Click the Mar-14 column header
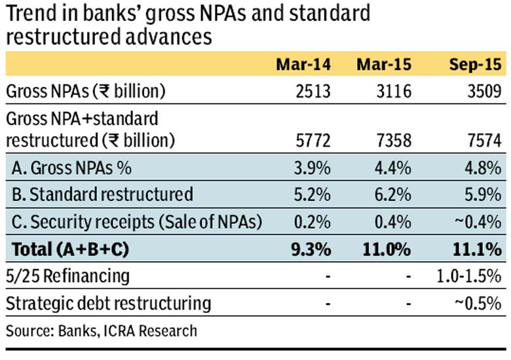coord(303,64)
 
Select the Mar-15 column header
coord(384,64)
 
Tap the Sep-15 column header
coord(475,64)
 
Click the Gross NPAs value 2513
coord(313,91)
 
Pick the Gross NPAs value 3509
coord(485,91)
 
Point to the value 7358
coord(394,141)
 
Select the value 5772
coord(313,141)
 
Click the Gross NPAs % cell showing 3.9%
coord(312,168)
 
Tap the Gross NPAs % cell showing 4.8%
coord(483,168)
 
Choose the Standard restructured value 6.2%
coord(393,194)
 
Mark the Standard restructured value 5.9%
coord(483,194)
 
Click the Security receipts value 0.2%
coord(312,222)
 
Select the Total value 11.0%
coord(387,249)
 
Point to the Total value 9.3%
coord(311,249)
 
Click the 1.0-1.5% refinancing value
coord(469,276)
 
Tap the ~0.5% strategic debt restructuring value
coord(478,303)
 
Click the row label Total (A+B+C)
coord(70,249)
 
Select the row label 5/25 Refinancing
coord(67,276)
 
